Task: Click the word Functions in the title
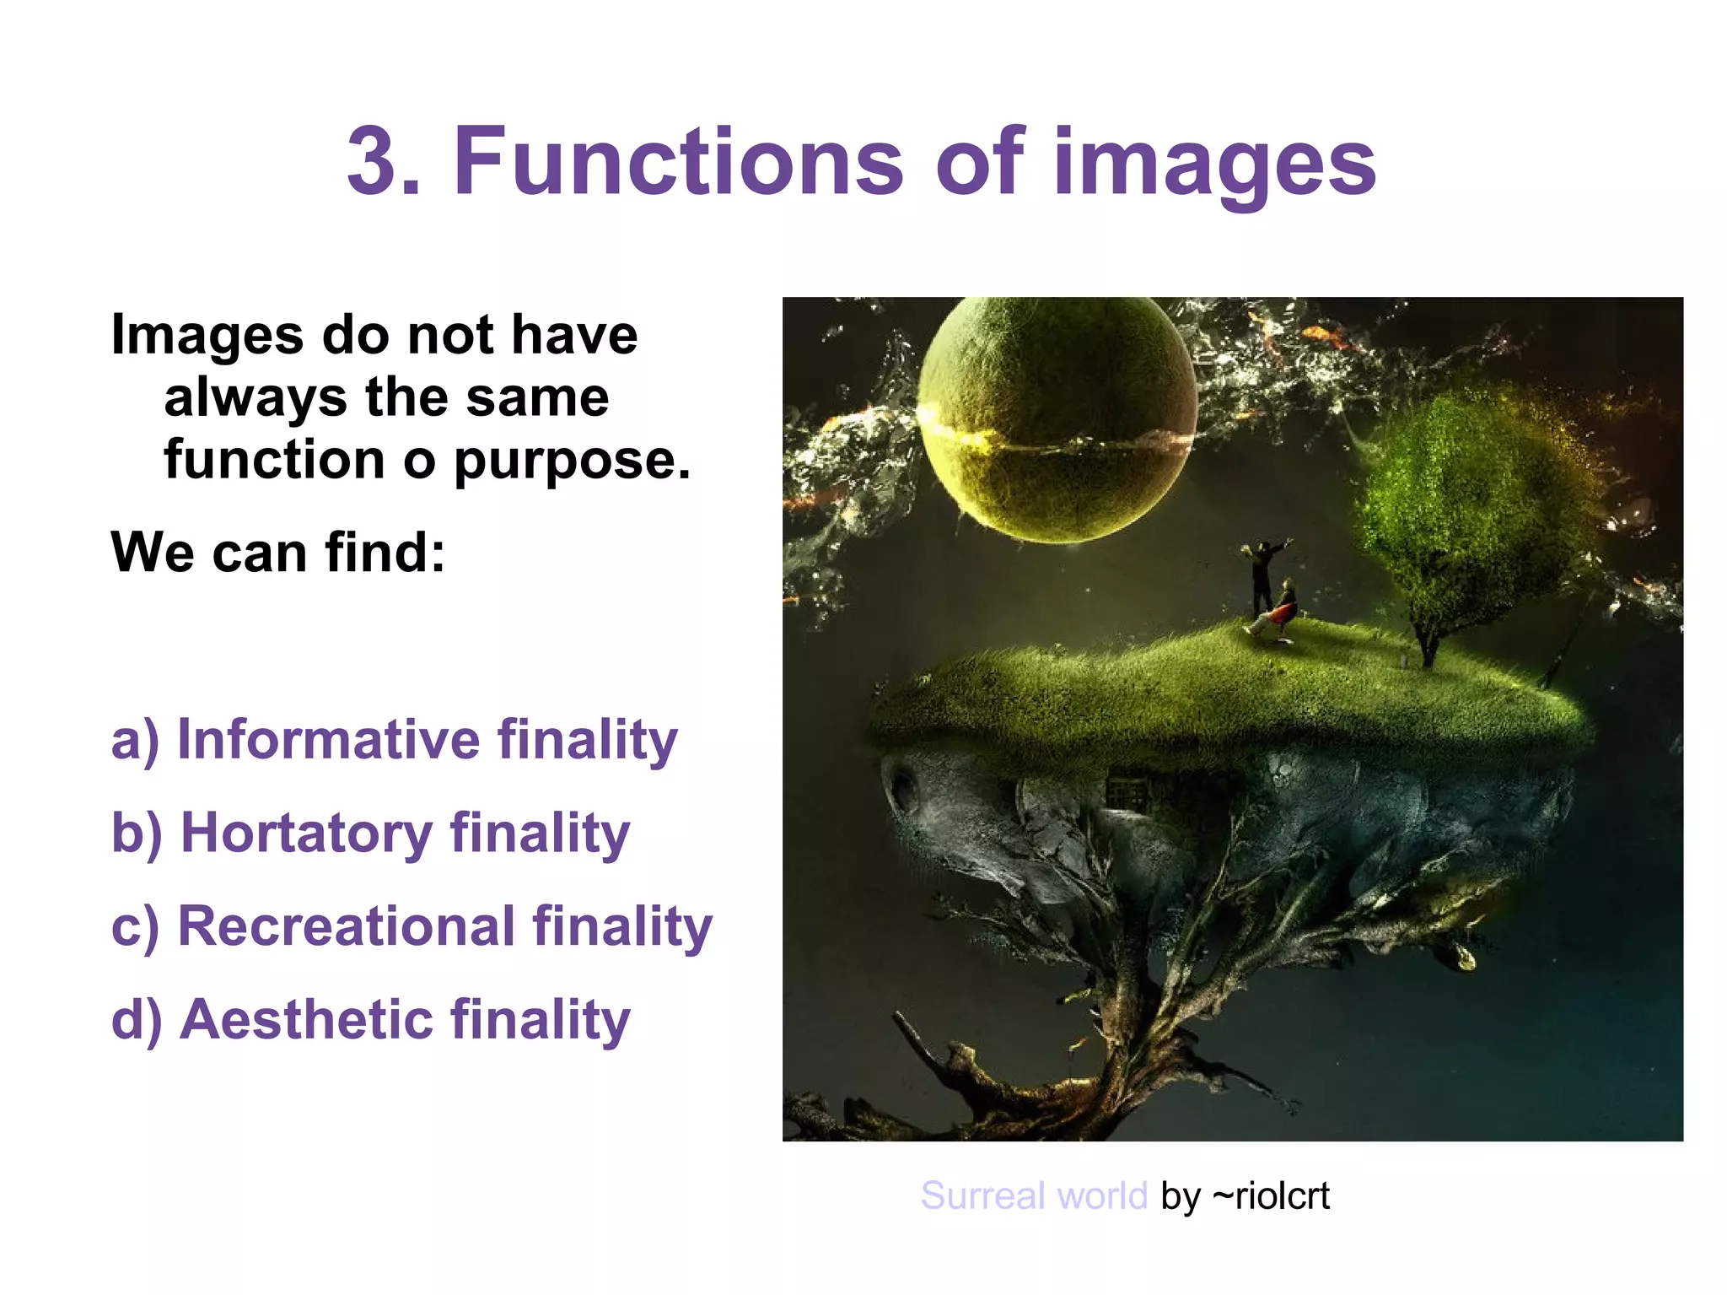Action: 678,160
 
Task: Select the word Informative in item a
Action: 328,740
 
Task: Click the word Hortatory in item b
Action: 308,834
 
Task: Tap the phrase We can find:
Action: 277,553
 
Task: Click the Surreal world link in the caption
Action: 1034,1195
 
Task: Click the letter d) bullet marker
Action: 135,1019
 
